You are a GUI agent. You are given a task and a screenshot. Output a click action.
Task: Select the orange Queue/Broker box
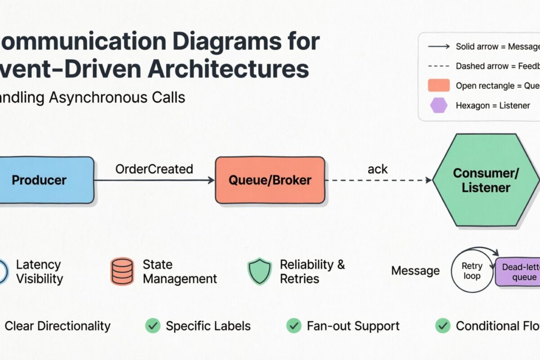point(270,180)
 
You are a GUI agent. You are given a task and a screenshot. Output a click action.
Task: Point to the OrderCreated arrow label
point(154,169)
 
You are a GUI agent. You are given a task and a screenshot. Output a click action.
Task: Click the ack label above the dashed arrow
point(378,169)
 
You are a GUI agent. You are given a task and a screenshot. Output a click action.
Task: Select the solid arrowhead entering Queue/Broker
point(211,180)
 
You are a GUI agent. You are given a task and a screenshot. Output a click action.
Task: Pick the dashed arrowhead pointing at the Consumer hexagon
point(428,180)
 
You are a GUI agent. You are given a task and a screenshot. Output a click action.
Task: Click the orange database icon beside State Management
point(122,271)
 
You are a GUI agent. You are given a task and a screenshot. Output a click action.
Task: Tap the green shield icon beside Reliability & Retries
point(260,271)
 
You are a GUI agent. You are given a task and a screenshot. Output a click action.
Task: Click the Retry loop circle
point(472,271)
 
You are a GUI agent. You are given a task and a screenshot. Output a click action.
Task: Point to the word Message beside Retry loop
point(415,271)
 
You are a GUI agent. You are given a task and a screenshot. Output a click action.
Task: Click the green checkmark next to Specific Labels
point(153,326)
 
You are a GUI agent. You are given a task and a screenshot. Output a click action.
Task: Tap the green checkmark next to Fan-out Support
point(294,326)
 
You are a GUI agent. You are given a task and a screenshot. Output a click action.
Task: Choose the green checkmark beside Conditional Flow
point(443,326)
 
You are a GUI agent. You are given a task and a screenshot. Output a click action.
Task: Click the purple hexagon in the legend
point(439,106)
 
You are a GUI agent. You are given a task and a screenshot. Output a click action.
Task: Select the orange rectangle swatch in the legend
point(439,85)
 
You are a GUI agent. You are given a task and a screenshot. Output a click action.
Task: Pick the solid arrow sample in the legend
point(439,46)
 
